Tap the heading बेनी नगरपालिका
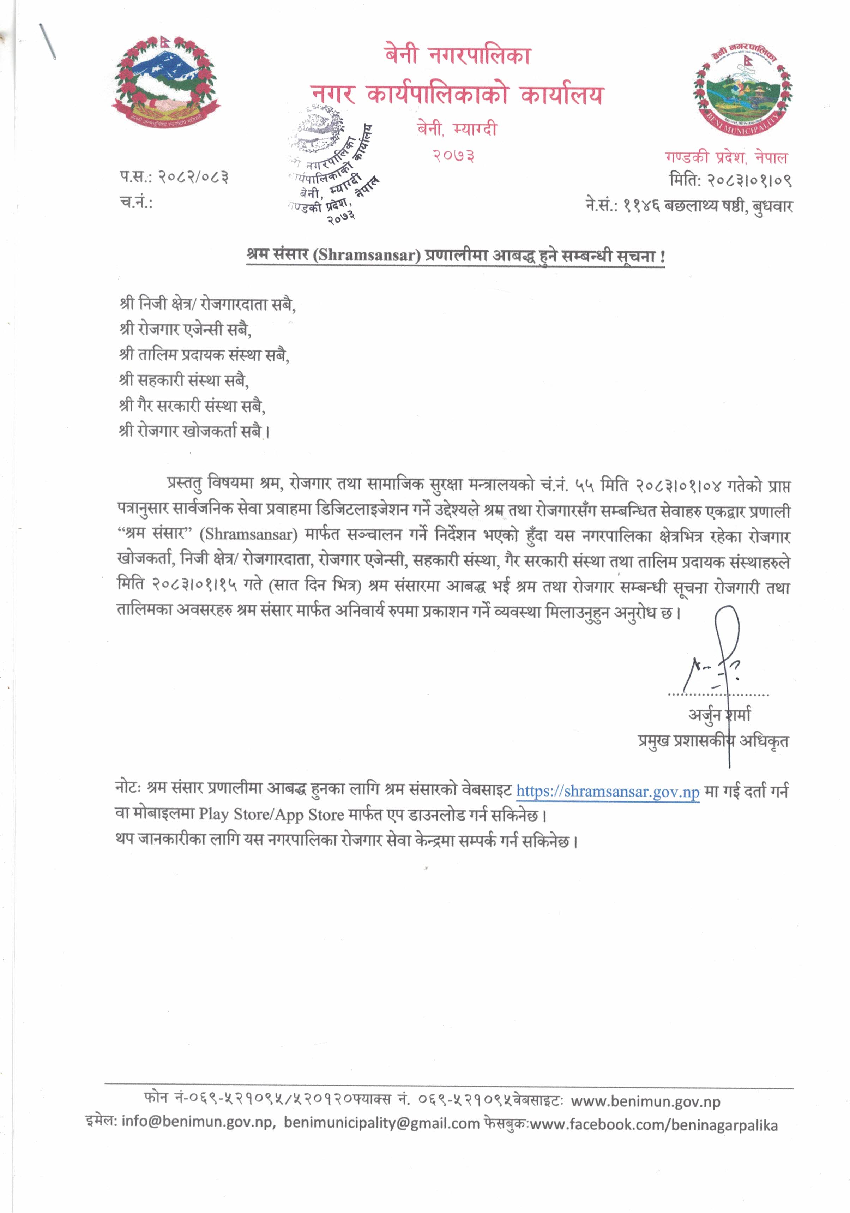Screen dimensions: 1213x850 click(x=458, y=55)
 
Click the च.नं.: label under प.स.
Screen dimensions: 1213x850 click(x=136, y=202)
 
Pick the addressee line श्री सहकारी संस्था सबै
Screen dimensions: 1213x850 click(x=183, y=380)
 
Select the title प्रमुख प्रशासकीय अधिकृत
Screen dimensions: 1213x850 click(x=713, y=741)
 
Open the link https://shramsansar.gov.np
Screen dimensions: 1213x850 click(x=608, y=791)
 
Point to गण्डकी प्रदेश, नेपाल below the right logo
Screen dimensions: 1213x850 click(x=726, y=157)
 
